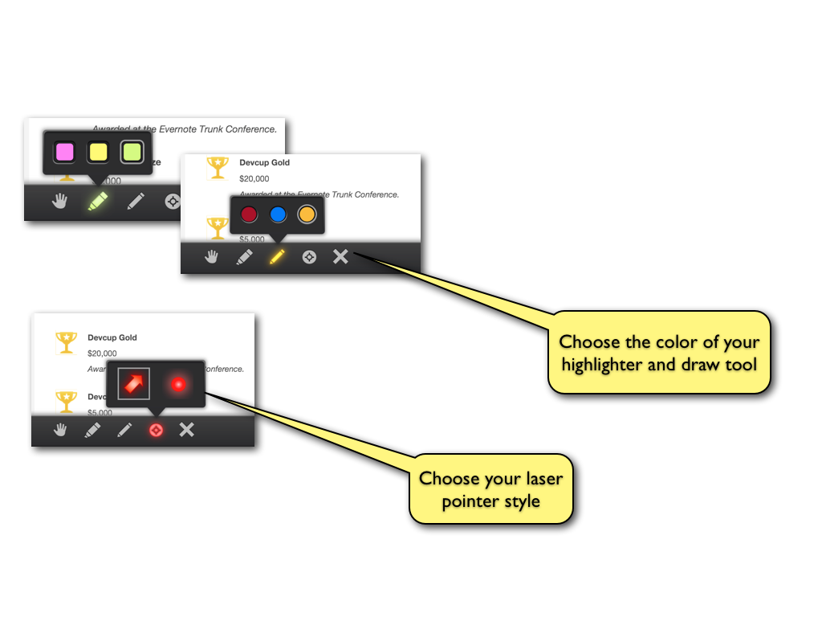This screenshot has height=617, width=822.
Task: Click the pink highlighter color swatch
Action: pos(64,151)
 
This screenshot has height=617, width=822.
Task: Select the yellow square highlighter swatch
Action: pos(98,151)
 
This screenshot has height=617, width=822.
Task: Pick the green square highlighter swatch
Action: pos(132,151)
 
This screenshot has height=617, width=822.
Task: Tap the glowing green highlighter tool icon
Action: pos(97,201)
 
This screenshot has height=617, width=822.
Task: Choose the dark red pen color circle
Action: pos(249,215)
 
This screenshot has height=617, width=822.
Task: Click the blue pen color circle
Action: pos(278,215)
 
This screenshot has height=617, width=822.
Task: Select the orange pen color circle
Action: pos(307,215)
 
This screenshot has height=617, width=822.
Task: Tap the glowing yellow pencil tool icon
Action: pos(277,257)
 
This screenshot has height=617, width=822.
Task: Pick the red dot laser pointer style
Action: pos(177,384)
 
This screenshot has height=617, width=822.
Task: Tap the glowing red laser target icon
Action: pos(156,430)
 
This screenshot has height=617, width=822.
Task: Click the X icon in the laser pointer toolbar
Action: pos(187,430)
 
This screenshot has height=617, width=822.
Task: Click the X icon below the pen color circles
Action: pos(340,256)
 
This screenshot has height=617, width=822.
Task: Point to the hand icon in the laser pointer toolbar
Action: pos(60,430)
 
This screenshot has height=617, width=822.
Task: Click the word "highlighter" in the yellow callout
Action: pos(609,365)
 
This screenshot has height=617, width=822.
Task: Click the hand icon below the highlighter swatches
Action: pos(59,201)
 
